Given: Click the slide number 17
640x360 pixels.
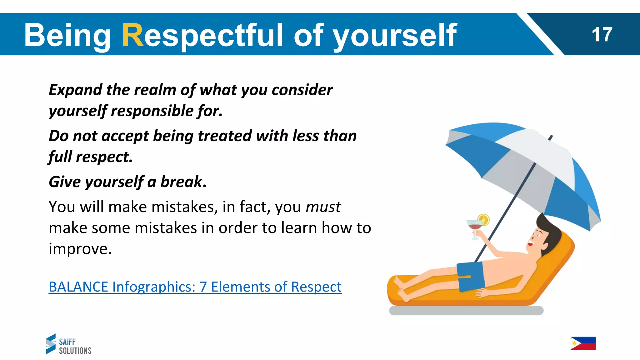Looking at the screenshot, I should [602, 34].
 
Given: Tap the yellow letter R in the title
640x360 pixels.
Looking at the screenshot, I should [133, 35].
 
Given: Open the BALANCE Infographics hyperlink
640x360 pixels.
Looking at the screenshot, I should [195, 287].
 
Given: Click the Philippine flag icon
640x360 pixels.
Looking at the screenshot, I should [583, 343].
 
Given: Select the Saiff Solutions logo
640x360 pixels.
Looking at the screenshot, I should [69, 344].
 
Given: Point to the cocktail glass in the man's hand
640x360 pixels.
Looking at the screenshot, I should [474, 227].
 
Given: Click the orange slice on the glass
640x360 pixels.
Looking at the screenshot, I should [483, 219].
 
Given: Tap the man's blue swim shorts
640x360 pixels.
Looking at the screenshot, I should [470, 276].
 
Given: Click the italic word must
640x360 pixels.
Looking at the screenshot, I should [323, 207].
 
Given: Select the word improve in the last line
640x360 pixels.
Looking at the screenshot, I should [80, 249].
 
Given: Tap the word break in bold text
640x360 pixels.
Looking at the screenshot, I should [181, 182].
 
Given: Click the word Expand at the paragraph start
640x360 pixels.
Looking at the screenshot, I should [75, 90].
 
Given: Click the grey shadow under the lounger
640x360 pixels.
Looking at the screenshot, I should [466, 311].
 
